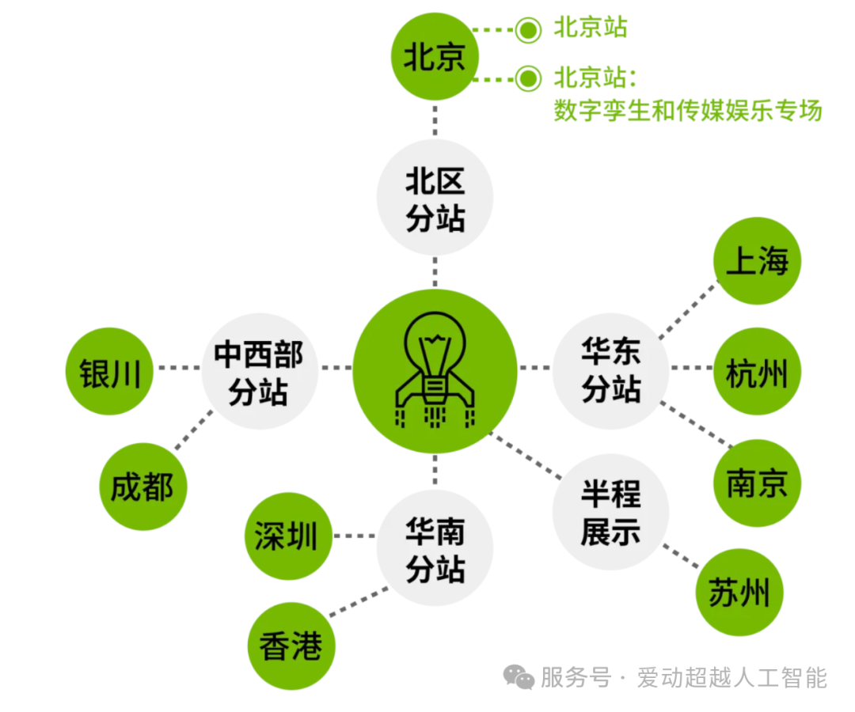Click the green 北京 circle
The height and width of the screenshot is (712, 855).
coord(435,57)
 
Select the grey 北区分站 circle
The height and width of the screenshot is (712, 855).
coord(435,198)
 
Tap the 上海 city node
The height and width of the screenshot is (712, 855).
coord(758,260)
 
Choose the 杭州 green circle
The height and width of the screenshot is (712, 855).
coord(758,370)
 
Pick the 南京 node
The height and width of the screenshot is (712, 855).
coord(758,482)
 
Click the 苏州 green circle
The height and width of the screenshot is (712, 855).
coord(739,593)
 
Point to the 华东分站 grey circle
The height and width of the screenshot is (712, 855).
coord(610,369)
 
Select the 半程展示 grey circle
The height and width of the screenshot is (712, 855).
coord(610,512)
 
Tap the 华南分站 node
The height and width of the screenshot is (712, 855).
coord(435,550)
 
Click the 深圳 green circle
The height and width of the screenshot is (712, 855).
coord(287,536)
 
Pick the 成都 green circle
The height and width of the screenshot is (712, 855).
coord(142,486)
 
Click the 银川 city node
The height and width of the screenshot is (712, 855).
coord(110,371)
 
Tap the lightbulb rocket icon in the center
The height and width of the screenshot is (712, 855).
coord(435,370)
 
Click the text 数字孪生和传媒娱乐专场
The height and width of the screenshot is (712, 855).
coord(688,110)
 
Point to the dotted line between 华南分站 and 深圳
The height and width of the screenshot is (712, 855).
coord(354,536)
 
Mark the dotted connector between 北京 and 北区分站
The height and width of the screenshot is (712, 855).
coord(435,121)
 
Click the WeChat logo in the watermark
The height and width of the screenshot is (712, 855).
coord(520,677)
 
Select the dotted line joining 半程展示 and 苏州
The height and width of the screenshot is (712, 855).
coord(682,556)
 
